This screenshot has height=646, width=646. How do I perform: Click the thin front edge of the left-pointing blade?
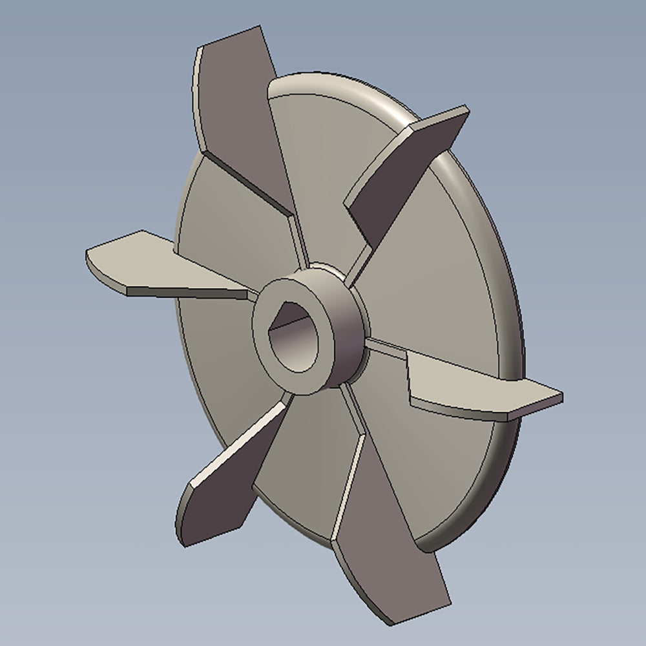point(187,292)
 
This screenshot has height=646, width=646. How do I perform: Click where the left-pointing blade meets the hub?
point(252,294)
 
